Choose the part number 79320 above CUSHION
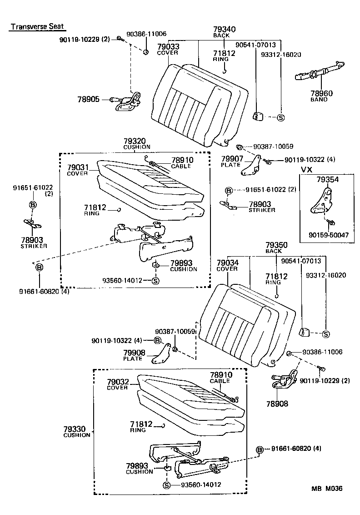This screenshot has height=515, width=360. [x=137, y=141]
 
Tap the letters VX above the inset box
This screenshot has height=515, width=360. [x=307, y=169]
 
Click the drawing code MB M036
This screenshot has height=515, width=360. [x=326, y=489]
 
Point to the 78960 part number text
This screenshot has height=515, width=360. [x=321, y=94]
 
